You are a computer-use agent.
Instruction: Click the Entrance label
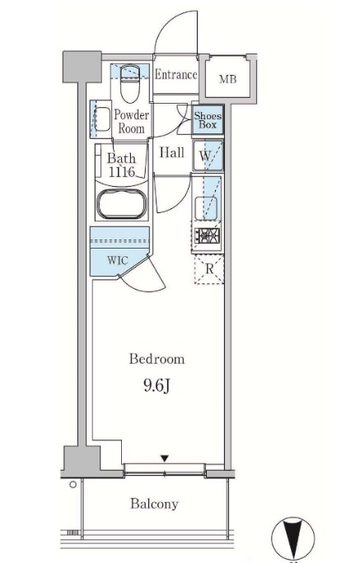pos(176,75)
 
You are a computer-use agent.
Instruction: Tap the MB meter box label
pos(228,79)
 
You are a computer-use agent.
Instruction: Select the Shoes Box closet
pos(208,120)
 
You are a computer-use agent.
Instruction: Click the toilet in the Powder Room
pos(129,83)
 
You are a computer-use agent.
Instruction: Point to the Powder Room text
pos(132,121)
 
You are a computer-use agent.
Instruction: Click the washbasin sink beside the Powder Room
pos(102,119)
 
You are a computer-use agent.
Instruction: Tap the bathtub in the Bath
pos(122,204)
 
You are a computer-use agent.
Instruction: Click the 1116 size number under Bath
pos(122,172)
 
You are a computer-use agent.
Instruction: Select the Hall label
pos(171,152)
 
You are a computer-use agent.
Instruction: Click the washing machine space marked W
pos(208,156)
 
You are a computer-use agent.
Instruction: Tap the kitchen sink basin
pos(206,208)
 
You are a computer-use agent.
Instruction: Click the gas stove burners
pos(208,236)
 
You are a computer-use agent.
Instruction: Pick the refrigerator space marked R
pos(209,268)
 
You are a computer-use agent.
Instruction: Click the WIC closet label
pos(118,260)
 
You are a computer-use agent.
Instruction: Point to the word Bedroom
pos(157,359)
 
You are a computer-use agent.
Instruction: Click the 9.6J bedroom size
pos(157,386)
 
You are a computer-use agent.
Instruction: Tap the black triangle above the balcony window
pos(165,458)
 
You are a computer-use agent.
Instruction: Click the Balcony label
pos(154,504)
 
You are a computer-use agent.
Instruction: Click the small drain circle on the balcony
pos(73,485)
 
